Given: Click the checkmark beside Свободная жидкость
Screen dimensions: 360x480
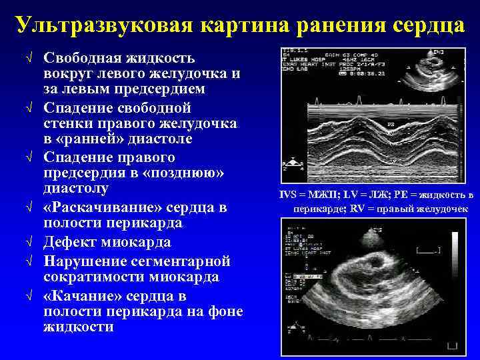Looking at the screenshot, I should click(29, 57).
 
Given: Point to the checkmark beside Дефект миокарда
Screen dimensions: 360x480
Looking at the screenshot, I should click(29, 243).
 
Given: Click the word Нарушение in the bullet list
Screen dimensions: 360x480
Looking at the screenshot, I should click(85, 260).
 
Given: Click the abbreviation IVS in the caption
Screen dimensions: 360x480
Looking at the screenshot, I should click(289, 195).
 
